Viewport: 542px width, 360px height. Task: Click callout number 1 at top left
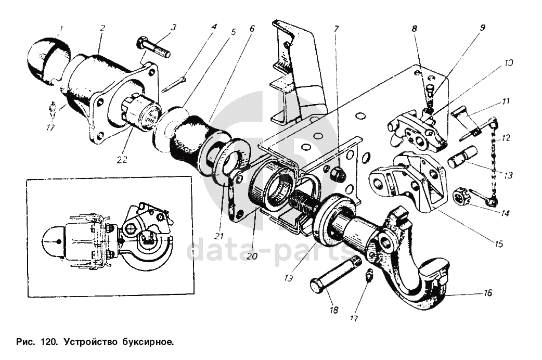(61, 29)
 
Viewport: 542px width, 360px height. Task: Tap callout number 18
(333, 310)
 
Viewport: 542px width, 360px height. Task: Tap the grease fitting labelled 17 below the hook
(368, 276)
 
